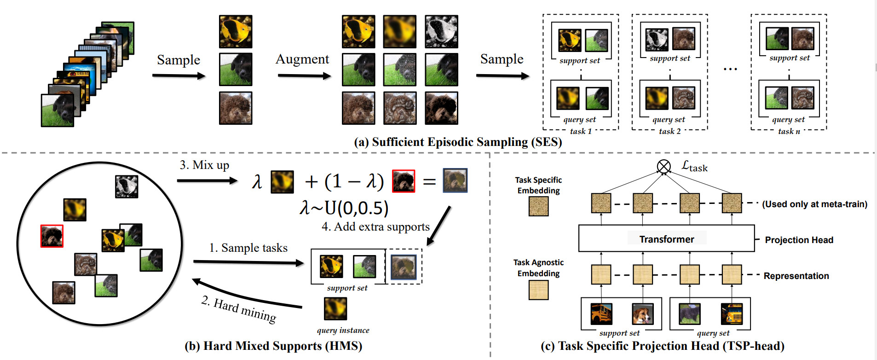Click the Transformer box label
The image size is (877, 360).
point(666,239)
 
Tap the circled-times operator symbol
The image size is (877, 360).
point(664,166)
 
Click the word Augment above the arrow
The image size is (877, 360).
point(302,59)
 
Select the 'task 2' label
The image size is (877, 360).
point(669,132)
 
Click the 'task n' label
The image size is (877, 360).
point(789,132)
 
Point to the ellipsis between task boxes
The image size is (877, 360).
point(730,70)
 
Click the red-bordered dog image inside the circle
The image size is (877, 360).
point(52,236)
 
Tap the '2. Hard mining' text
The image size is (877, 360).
point(239,310)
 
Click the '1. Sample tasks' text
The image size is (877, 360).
point(248,248)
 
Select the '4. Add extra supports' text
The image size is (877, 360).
point(375,227)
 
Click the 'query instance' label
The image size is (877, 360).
point(343,330)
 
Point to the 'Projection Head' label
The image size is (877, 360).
point(799,240)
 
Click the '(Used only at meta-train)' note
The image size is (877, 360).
point(814,204)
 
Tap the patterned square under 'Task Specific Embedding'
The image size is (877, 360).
point(538,206)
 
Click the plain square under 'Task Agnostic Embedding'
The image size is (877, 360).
point(538,290)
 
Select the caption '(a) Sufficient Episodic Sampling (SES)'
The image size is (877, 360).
point(458,142)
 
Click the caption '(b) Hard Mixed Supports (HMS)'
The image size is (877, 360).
point(273,346)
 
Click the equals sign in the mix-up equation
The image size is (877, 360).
point(429,181)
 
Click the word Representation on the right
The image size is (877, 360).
point(796,276)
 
